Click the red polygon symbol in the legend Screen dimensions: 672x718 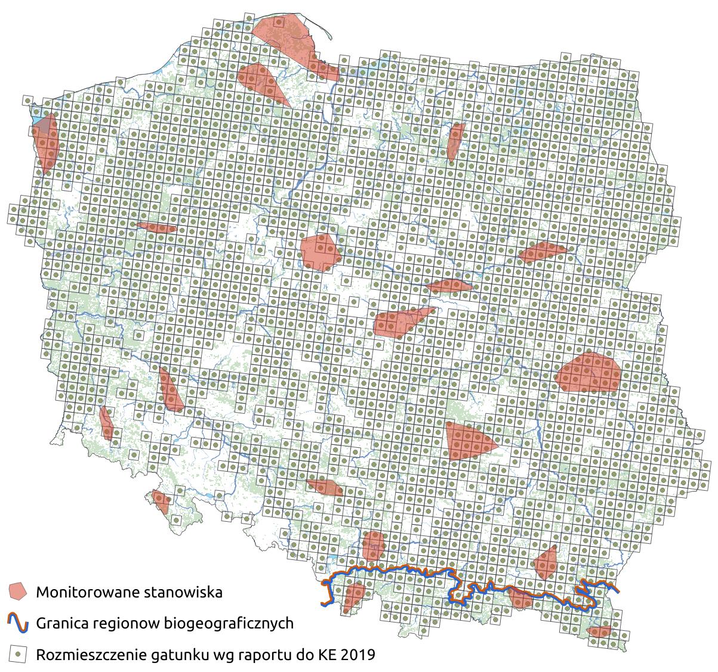pyautogui.click(x=18, y=592)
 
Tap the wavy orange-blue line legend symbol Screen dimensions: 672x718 pyautogui.click(x=18, y=623)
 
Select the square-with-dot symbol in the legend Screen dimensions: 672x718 pyautogui.click(x=18, y=655)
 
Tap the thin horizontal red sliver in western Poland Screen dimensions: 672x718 pyautogui.click(x=156, y=227)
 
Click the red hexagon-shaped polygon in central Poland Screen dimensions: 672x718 pyautogui.click(x=320, y=251)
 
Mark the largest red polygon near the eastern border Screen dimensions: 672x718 pyautogui.click(x=588, y=373)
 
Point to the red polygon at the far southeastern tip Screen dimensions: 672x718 pyautogui.click(x=599, y=631)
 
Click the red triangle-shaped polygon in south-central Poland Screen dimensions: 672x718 pyautogui.click(x=467, y=441)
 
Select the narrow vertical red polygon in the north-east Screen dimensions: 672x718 pyautogui.click(x=455, y=141)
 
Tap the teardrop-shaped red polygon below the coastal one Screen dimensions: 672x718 pyautogui.click(x=261, y=82)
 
